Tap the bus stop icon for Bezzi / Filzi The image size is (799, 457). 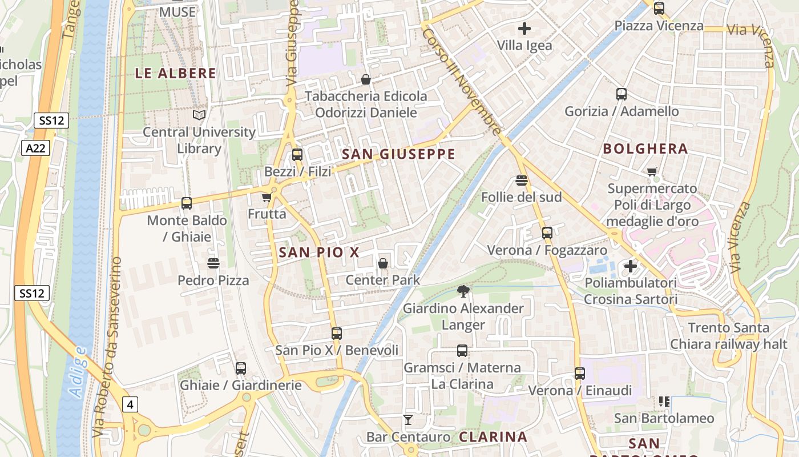(x=297, y=155)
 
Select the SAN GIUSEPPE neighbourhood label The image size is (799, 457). (x=398, y=154)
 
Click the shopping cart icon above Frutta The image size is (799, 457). (x=267, y=198)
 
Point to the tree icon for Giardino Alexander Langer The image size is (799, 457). (x=463, y=292)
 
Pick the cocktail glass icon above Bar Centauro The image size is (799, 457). (x=407, y=420)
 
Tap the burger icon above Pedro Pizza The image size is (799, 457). (x=213, y=263)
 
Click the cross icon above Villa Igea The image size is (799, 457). (x=524, y=29)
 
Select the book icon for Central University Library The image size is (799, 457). (x=199, y=115)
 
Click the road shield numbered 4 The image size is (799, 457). (x=130, y=404)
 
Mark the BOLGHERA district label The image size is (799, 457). (x=645, y=149)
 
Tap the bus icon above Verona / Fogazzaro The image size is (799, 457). (x=547, y=233)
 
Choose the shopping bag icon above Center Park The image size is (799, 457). (x=383, y=263)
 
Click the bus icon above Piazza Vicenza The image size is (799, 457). (x=659, y=9)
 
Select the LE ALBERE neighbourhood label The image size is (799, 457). (x=176, y=73)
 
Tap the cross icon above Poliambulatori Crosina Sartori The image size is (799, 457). (x=630, y=266)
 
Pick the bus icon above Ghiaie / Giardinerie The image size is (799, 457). (x=241, y=368)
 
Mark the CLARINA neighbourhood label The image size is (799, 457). (x=493, y=437)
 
